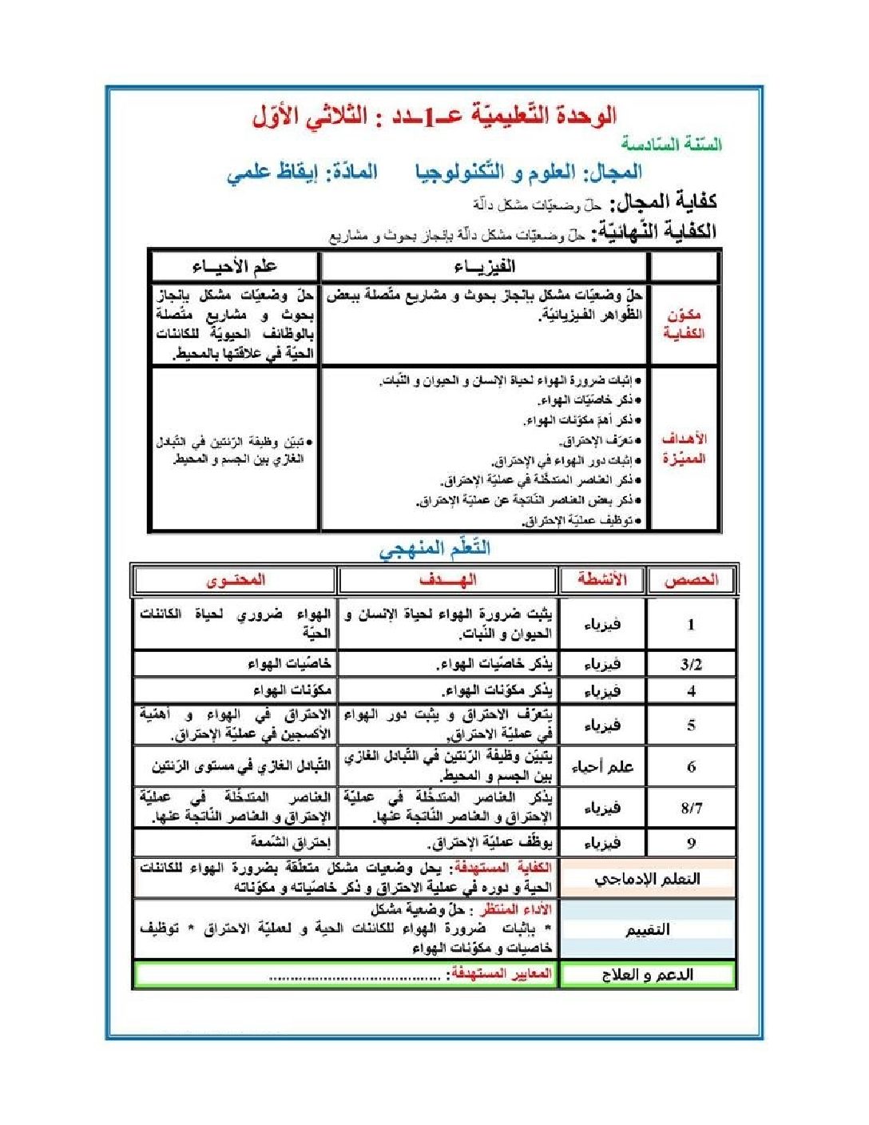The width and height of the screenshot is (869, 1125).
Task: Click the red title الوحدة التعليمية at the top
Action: point(434,117)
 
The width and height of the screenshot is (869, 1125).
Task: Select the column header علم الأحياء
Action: point(234,267)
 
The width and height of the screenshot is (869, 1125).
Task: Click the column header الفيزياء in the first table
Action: point(484,267)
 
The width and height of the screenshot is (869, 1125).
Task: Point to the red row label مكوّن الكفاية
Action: point(684,324)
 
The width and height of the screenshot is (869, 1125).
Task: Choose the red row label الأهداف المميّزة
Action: point(684,448)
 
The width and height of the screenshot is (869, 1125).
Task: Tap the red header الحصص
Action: point(691,580)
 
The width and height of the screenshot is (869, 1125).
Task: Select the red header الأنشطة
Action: point(602,580)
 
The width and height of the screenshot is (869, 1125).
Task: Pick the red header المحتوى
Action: point(236,580)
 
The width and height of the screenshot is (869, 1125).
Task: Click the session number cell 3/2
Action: point(691,664)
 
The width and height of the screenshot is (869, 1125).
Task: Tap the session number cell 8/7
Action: point(691,808)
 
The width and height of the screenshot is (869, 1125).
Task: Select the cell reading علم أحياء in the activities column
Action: point(602,767)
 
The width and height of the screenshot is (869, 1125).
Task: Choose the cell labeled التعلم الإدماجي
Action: point(647,878)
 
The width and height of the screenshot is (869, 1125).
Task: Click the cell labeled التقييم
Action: point(647,929)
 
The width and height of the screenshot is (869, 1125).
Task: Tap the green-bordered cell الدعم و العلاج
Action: point(647,975)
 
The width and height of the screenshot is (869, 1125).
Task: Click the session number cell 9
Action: point(691,842)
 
